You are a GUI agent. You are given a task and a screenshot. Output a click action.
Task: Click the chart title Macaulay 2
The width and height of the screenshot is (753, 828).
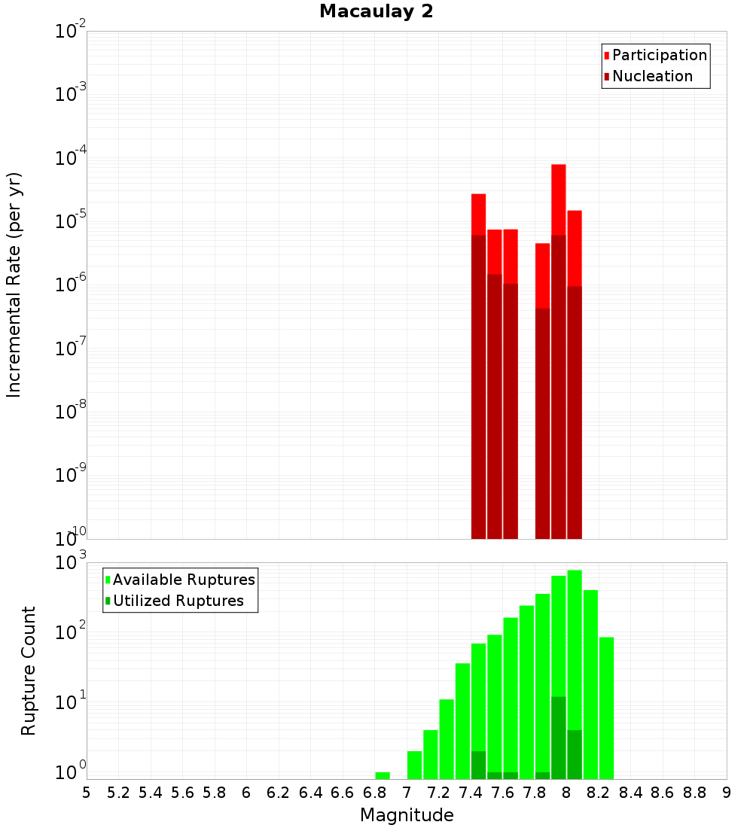click(x=376, y=11)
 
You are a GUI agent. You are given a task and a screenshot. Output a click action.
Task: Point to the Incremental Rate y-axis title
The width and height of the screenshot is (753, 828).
click(x=14, y=285)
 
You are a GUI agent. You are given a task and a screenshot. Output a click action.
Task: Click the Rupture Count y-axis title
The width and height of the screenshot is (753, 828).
click(x=29, y=670)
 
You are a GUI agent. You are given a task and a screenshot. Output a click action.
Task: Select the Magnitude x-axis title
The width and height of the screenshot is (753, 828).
click(x=407, y=815)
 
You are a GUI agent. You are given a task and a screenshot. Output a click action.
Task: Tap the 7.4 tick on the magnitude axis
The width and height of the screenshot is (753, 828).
click(x=471, y=793)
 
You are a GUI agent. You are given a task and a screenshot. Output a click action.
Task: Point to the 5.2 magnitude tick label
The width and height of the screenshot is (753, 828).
click(x=118, y=793)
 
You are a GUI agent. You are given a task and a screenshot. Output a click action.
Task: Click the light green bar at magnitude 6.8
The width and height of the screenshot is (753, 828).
click(x=383, y=775)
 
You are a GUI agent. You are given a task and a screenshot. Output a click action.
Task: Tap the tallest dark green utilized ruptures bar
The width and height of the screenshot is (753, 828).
click(x=558, y=738)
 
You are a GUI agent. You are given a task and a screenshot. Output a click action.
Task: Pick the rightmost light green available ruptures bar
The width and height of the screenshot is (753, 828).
click(x=606, y=708)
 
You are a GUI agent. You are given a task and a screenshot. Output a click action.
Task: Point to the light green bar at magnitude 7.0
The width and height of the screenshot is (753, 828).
click(x=414, y=765)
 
